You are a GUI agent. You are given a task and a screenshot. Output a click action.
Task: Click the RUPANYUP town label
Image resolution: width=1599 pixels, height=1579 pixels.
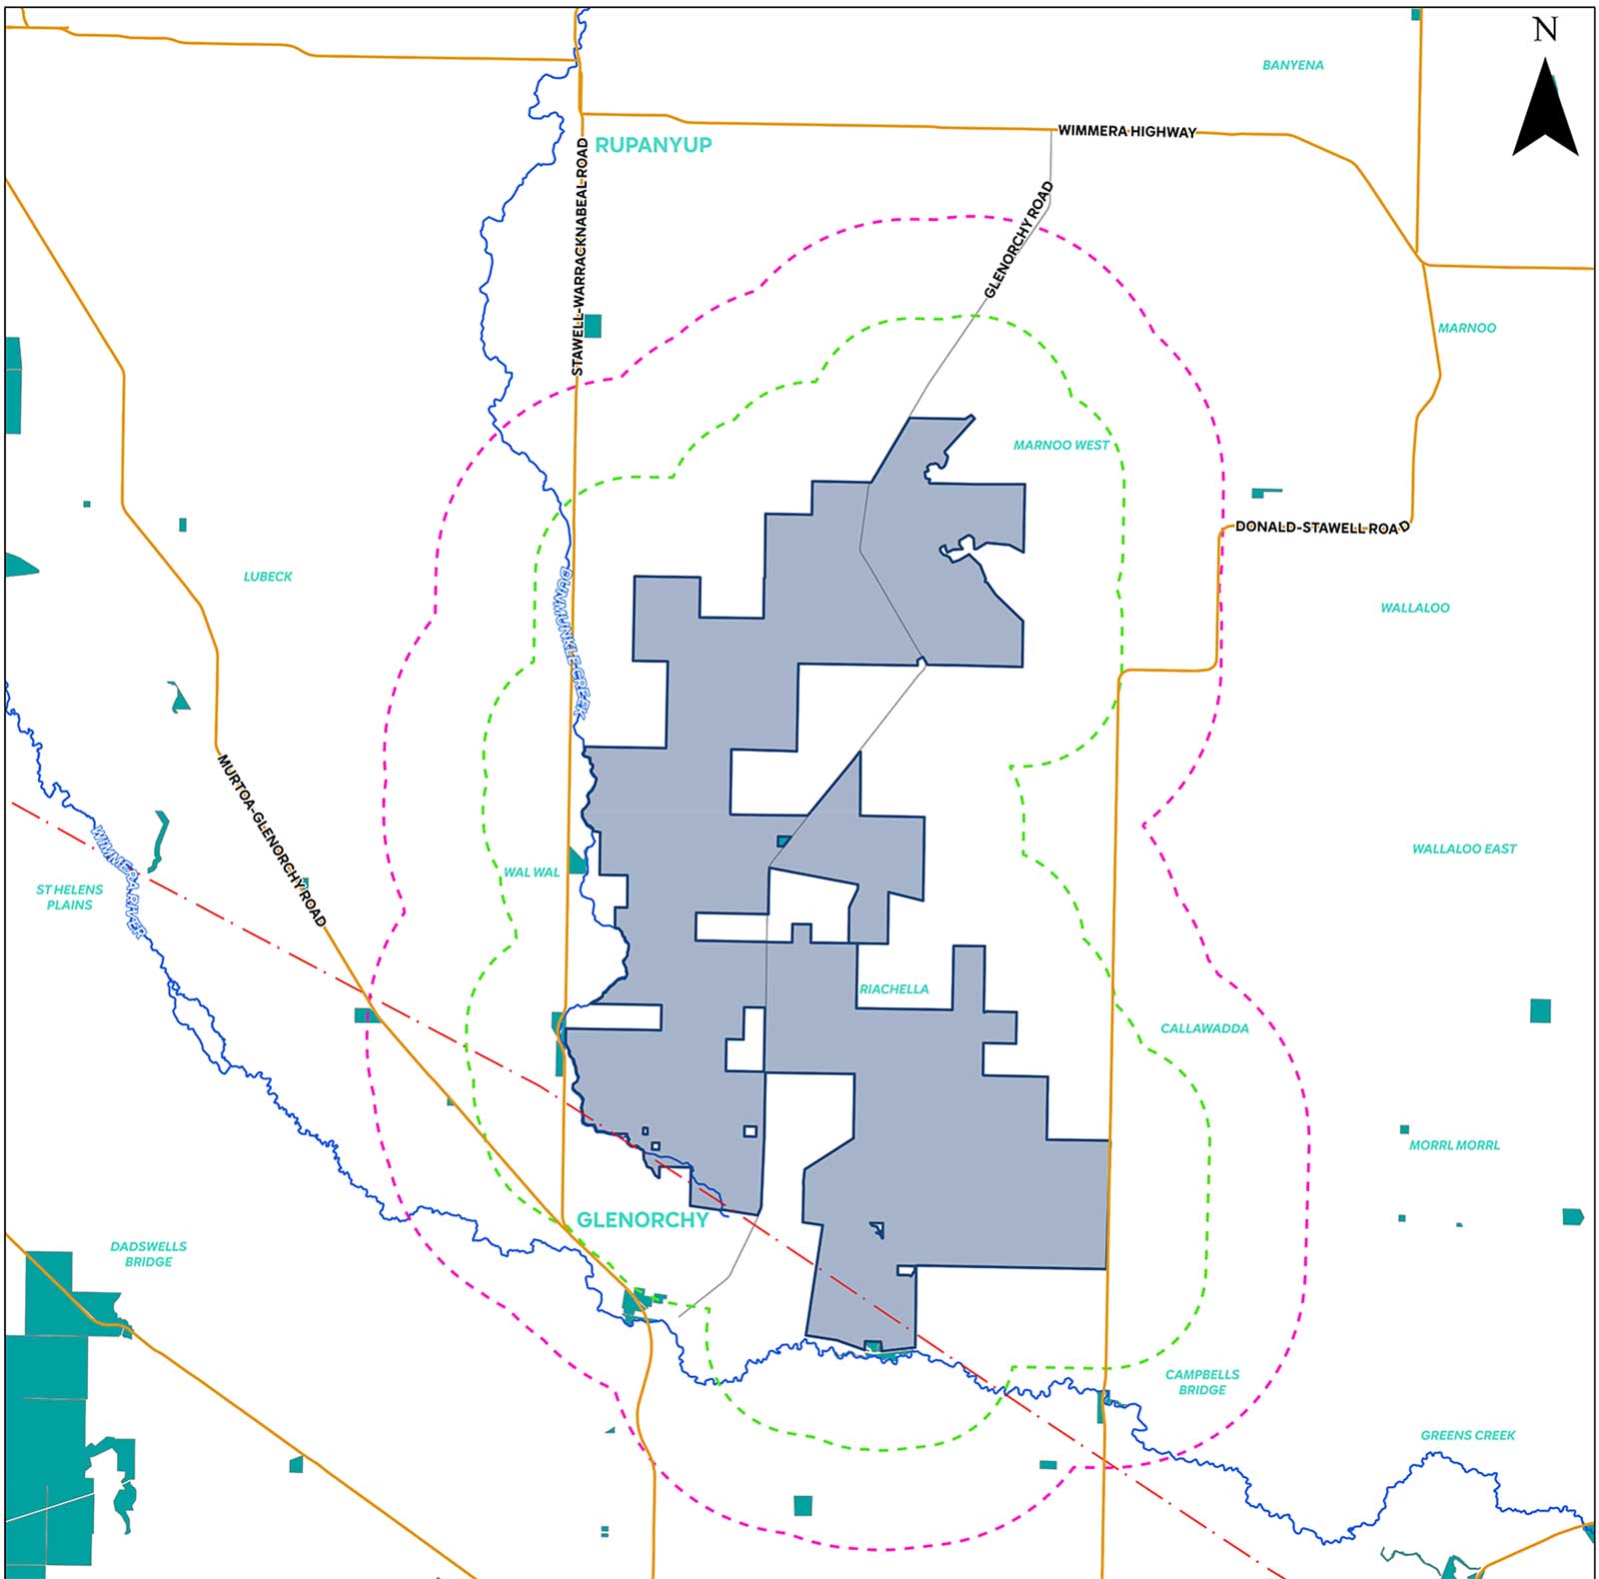(x=653, y=145)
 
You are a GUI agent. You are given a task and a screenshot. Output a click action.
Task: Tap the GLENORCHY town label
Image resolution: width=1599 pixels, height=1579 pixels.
(x=643, y=1220)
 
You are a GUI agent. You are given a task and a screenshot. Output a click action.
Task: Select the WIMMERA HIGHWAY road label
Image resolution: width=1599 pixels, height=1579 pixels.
(x=1126, y=131)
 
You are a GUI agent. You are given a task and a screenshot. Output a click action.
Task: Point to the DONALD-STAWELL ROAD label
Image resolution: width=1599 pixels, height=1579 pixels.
(x=1321, y=527)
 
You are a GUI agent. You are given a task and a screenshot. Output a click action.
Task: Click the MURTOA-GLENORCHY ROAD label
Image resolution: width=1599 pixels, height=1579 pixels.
(x=272, y=840)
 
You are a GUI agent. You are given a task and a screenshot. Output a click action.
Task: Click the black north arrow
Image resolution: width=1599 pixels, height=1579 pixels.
(x=1545, y=109)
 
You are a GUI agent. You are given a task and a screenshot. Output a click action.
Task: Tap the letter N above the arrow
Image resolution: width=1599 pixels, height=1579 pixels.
(x=1545, y=30)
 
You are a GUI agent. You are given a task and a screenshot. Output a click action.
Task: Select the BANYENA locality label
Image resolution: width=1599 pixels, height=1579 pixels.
(x=1292, y=65)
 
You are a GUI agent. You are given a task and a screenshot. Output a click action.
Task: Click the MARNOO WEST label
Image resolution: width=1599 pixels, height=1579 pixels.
(x=1060, y=445)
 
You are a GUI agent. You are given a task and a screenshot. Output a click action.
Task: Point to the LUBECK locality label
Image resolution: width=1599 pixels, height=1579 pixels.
(x=268, y=577)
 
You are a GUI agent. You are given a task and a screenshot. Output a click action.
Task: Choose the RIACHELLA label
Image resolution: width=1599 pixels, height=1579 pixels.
(x=893, y=989)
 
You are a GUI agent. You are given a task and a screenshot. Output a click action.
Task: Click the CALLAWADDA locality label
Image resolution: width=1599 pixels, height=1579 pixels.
(x=1204, y=1028)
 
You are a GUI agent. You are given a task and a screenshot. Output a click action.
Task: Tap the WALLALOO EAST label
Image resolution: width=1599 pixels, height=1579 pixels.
(x=1463, y=848)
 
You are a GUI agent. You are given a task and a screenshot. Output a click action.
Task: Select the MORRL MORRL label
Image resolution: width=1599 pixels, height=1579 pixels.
(x=1454, y=1145)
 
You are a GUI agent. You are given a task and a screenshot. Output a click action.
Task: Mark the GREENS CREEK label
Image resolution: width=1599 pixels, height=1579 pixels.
(x=1467, y=1435)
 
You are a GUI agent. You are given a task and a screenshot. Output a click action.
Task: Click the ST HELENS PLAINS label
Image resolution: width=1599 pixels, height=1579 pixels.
(x=69, y=896)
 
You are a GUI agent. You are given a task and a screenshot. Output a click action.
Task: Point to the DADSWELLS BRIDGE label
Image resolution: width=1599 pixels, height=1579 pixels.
(x=148, y=1254)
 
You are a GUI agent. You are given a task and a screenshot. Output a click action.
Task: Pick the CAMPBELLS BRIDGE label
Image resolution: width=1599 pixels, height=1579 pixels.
(x=1201, y=1382)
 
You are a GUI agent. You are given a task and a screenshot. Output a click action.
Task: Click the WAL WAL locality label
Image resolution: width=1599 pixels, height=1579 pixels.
(x=532, y=872)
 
